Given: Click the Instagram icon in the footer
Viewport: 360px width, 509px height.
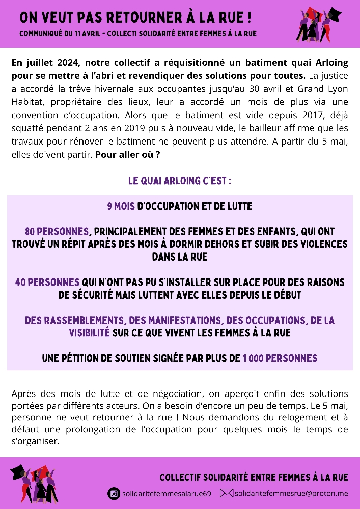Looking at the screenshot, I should pos(114,493).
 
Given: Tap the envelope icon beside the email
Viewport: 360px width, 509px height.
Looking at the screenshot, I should pos(226,493).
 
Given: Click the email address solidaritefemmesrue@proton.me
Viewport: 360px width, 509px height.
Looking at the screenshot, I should pos(291,493).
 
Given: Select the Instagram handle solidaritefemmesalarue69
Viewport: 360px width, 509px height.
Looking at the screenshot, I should pos(166,493).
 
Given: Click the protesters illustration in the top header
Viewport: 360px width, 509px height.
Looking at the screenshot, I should pos(319,24).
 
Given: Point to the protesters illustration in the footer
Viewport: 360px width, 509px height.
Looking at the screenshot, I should pos(33,483).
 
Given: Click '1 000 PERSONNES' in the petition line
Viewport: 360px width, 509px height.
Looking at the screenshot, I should pos(280,358).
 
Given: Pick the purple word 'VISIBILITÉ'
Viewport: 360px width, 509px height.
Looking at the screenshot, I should pos(89,333).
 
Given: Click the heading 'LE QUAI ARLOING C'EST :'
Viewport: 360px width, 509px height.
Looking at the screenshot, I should pos(180,181).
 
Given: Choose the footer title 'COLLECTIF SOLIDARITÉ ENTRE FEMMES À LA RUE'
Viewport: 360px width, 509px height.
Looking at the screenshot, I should pos(254,477).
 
